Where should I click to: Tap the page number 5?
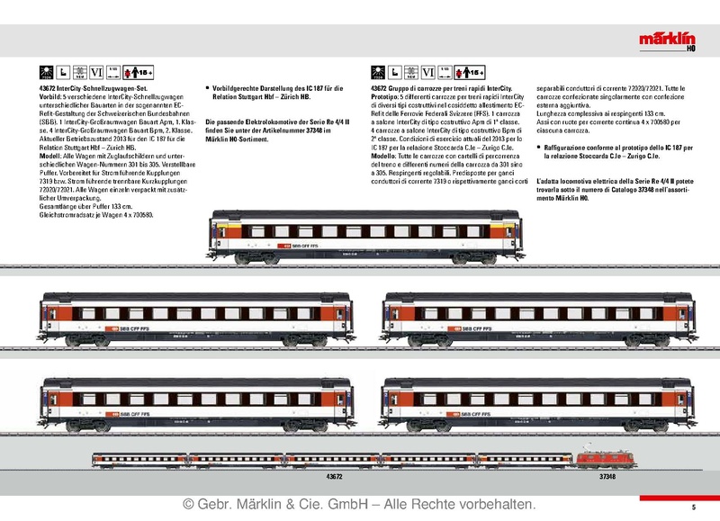point(693,508)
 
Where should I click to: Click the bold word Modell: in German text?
point(51,154)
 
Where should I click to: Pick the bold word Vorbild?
point(52,96)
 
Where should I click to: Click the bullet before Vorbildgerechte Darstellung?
point(209,88)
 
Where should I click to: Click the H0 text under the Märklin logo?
point(697,49)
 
